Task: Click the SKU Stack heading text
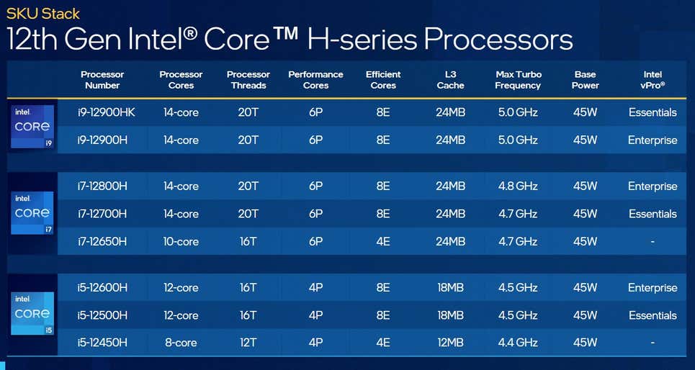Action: (43, 13)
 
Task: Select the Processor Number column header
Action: (102, 80)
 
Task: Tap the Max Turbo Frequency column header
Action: (518, 80)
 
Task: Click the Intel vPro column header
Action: (653, 80)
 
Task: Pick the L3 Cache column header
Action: (450, 80)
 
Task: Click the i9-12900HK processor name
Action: (107, 112)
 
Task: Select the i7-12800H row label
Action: (102, 186)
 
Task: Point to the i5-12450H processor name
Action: (102, 343)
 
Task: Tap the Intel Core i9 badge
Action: (32, 127)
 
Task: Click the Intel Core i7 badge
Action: (32, 213)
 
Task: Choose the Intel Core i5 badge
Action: (32, 314)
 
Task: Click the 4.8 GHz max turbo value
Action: (518, 186)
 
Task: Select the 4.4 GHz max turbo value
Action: (518, 343)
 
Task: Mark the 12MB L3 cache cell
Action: (450, 343)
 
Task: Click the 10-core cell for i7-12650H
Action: (181, 242)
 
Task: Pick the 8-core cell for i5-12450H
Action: (181, 343)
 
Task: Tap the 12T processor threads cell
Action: (248, 343)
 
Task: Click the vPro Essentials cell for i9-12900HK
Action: (653, 112)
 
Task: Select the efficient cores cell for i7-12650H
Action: (382, 242)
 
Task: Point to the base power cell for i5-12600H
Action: (585, 288)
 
